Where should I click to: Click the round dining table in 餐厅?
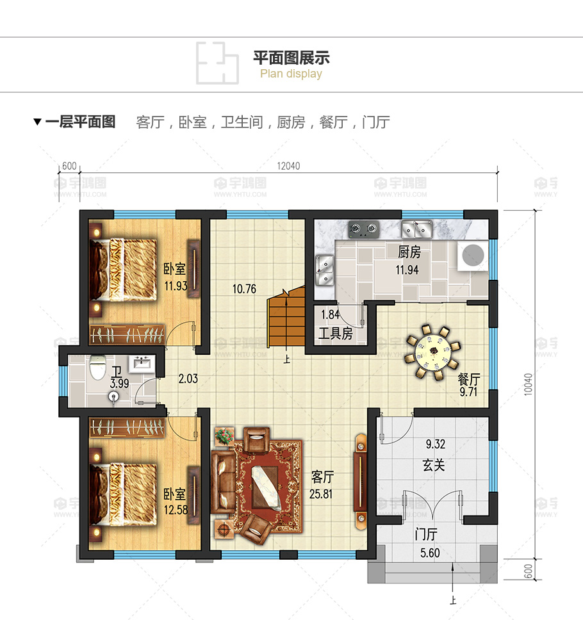pos(434,351)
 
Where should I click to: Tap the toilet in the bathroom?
pos(97,368)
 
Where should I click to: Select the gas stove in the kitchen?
pos(363,229)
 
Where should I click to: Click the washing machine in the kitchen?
pos(473,255)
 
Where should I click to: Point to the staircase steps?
pos(286,316)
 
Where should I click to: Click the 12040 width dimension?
pos(288,166)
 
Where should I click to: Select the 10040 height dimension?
pos(528,384)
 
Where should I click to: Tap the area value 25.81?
pos(321,494)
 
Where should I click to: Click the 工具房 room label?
pos(336,333)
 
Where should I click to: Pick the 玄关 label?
pos(434,465)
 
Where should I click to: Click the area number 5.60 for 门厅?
pos(430,553)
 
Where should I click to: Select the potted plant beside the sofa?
pos(224,436)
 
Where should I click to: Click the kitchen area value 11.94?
pos(407,270)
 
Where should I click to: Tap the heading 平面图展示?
pos(291,58)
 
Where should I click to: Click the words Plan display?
pos(291,74)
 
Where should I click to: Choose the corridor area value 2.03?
pos(188,379)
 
